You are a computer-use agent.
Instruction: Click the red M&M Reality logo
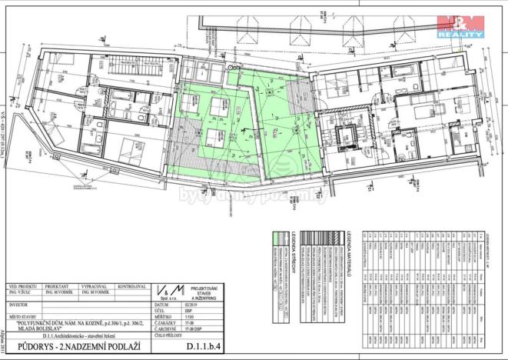460,25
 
